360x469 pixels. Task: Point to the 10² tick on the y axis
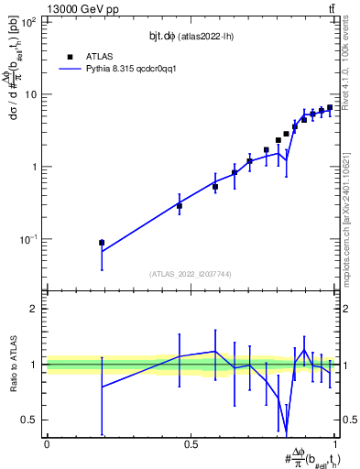coord(29,22)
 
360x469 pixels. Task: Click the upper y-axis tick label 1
coord(35,167)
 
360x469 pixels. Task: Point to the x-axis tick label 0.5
coord(191,444)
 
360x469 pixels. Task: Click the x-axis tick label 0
coord(47,444)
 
